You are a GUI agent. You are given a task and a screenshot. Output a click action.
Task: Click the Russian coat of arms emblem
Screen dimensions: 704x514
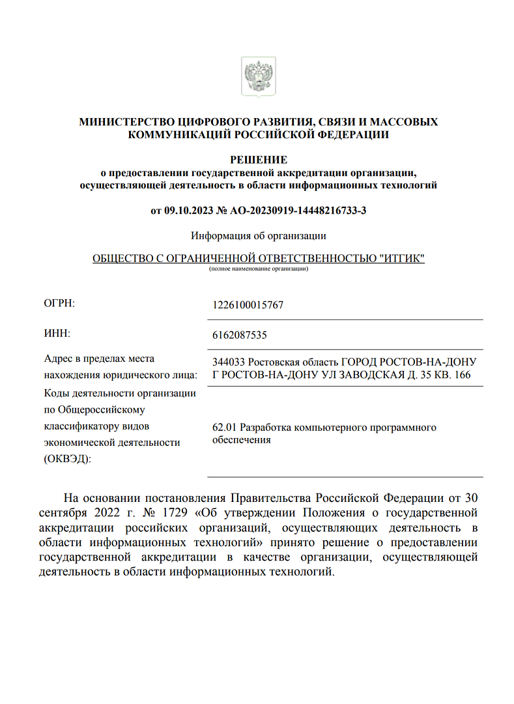(x=258, y=76)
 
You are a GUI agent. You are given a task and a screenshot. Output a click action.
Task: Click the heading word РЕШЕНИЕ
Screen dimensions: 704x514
(x=259, y=160)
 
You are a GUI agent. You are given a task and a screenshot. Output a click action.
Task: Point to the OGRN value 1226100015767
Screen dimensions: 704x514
(x=248, y=305)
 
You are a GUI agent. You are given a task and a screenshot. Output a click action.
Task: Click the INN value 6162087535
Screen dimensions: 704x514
(x=240, y=335)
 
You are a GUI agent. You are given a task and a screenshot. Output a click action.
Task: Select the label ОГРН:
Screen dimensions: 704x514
(x=59, y=303)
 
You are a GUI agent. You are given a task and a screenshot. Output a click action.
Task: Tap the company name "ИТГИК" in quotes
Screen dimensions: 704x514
(x=401, y=258)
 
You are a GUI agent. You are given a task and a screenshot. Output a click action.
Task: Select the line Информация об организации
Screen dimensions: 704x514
(x=259, y=235)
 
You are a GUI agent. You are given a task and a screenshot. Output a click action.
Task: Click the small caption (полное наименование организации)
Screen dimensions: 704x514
(x=259, y=269)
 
